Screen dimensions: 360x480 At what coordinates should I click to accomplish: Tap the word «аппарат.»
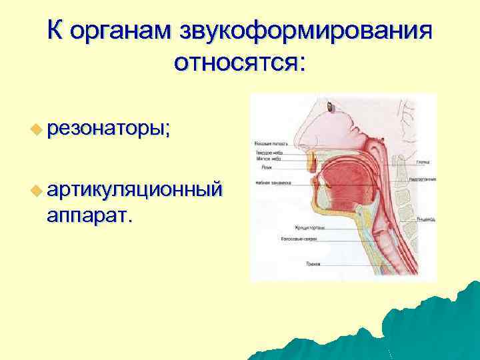89,215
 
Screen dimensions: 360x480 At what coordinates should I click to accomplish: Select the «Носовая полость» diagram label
267,143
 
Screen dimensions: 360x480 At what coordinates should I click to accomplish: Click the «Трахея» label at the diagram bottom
313,264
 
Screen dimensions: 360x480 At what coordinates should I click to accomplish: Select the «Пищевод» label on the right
426,218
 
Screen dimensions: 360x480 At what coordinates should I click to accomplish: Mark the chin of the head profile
319,217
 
